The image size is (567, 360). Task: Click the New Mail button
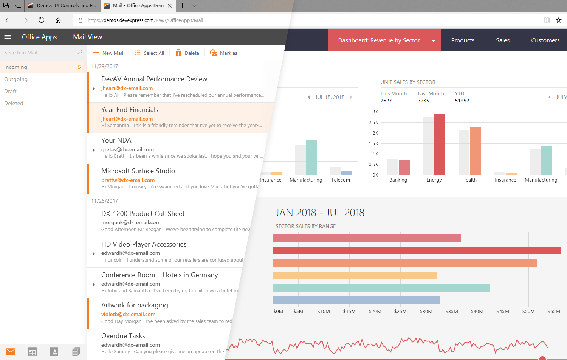pyautogui.click(x=108, y=53)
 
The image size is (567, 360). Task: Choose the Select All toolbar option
pyautogui.click(x=149, y=53)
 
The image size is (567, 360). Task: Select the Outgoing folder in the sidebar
pyautogui.click(x=16, y=79)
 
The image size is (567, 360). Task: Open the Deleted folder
pyautogui.click(x=14, y=103)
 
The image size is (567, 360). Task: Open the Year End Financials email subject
pyautogui.click(x=130, y=110)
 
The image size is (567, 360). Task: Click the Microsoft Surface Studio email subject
pyautogui.click(x=138, y=171)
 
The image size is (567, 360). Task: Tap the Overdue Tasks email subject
pyautogui.click(x=123, y=336)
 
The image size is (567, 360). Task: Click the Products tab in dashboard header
pyautogui.click(x=463, y=40)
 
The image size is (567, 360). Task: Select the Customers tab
pyautogui.click(x=545, y=40)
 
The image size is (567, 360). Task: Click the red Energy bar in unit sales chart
pyautogui.click(x=440, y=144)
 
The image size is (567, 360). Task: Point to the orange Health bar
pyautogui.click(x=475, y=151)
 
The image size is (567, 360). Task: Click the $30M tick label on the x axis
pyautogui.click(x=426, y=312)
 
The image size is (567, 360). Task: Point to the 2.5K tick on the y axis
pyautogui.click(x=373, y=123)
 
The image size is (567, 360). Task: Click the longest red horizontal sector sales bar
pyautogui.click(x=417, y=250)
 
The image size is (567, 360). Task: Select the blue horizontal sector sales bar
pyautogui.click(x=356, y=300)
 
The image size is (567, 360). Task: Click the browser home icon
pyautogui.click(x=58, y=20)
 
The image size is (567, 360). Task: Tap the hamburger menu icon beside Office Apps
pyautogui.click(x=8, y=37)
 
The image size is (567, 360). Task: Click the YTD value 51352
pyautogui.click(x=462, y=101)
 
